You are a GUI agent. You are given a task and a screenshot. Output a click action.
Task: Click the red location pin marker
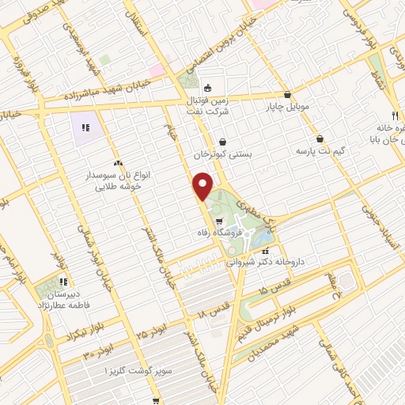click(x=203, y=186)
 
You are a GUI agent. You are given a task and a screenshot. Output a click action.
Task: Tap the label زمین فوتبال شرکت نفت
click(x=207, y=105)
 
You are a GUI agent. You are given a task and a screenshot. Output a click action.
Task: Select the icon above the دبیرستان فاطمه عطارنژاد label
click(x=64, y=280)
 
